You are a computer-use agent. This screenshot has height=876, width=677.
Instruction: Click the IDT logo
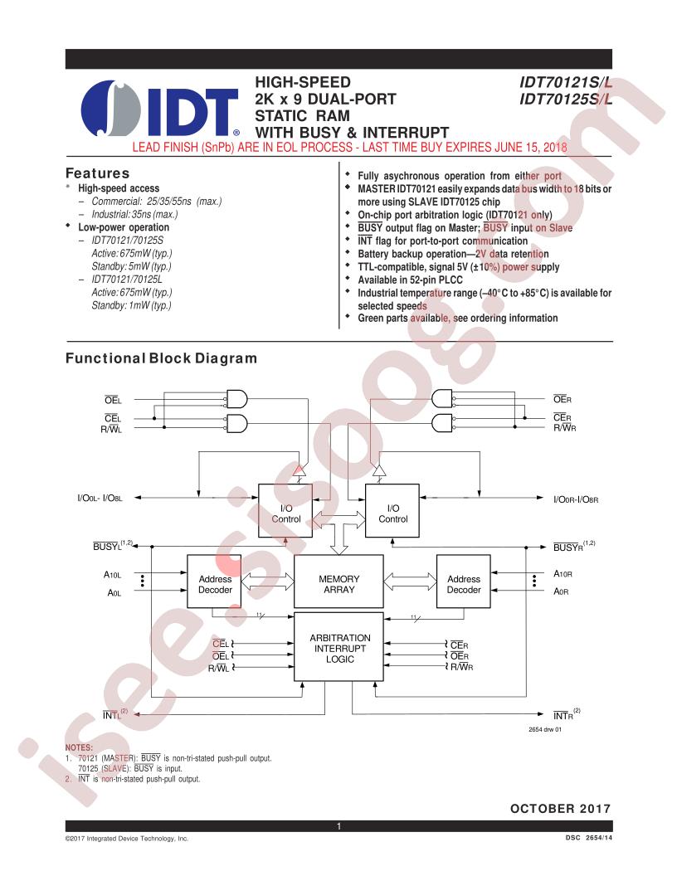point(160,109)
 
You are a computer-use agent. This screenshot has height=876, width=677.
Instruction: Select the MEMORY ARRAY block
point(338,581)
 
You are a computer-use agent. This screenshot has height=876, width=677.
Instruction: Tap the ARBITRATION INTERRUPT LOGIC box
point(339,647)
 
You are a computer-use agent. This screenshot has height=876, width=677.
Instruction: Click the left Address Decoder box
point(214,581)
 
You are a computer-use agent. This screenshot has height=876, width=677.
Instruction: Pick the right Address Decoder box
point(463,581)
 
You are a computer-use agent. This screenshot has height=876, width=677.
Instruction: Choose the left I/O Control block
point(285,511)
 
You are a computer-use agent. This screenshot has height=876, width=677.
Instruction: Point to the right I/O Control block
point(392,511)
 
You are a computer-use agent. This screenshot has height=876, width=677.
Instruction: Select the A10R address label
point(563,574)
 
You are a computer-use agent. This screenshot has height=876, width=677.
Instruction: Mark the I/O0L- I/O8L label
point(100,498)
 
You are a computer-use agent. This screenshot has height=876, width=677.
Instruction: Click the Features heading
point(97,173)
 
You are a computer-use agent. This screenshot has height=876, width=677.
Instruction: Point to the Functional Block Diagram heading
point(161,358)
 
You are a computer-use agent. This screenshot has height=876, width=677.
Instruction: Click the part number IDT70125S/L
point(566,99)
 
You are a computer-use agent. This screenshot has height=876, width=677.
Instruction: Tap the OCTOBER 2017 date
point(560,809)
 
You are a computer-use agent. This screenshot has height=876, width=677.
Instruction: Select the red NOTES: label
point(80,747)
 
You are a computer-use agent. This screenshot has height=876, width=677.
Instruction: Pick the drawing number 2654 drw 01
point(545,730)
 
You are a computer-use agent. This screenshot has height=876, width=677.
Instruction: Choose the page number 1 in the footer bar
point(338,826)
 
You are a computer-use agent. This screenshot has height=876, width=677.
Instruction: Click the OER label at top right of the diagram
point(562,399)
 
